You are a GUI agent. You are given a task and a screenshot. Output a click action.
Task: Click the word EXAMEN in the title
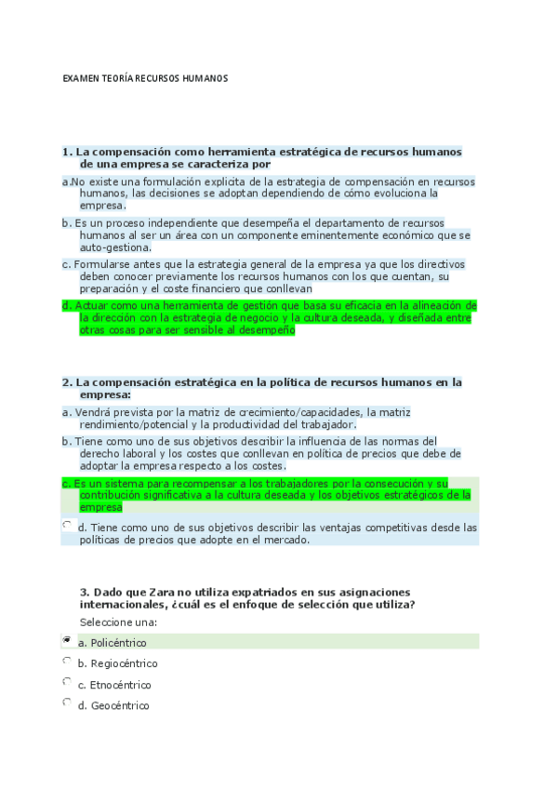pyautogui.click(x=77, y=79)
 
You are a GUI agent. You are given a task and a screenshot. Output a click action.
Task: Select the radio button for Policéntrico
pyautogui.click(x=66, y=641)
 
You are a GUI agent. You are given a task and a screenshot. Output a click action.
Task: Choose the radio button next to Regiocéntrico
pyautogui.click(x=66, y=662)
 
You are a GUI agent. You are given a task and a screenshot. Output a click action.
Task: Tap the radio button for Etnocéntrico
pyautogui.click(x=66, y=682)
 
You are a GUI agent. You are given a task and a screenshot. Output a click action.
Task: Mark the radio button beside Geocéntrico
pyautogui.click(x=66, y=703)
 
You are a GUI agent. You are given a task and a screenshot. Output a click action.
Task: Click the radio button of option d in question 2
pyautogui.click(x=66, y=526)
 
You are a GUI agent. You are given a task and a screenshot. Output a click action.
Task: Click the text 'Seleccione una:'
pyautogui.click(x=118, y=622)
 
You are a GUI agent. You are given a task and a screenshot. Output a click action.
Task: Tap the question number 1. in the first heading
pyautogui.click(x=67, y=151)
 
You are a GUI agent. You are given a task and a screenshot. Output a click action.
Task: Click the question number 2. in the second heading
pyautogui.click(x=67, y=381)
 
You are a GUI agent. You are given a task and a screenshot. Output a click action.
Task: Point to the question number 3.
pyautogui.click(x=85, y=592)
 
